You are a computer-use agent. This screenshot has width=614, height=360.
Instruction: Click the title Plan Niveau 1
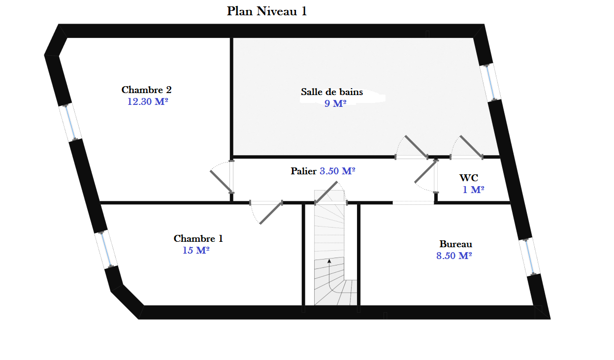pyautogui.click(x=267, y=11)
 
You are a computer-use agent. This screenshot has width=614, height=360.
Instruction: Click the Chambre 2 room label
pyautogui.click(x=146, y=90)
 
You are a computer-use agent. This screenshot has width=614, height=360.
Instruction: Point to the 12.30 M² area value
pyautogui.click(x=145, y=102)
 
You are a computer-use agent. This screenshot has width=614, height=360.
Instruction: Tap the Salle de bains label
pyautogui.click(x=332, y=92)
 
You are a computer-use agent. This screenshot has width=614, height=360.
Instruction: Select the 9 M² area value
pyautogui.click(x=335, y=103)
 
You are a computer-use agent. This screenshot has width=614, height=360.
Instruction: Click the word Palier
pyautogui.click(x=304, y=171)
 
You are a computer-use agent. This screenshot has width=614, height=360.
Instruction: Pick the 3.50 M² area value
pyautogui.click(x=338, y=171)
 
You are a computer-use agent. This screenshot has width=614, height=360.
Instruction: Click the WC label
pyautogui.click(x=468, y=178)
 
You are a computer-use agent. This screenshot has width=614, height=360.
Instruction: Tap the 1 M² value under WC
pyautogui.click(x=473, y=190)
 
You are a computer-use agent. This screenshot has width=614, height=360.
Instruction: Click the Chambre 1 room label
pyautogui.click(x=198, y=239)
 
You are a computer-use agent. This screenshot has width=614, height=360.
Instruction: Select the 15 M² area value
pyautogui.click(x=196, y=251)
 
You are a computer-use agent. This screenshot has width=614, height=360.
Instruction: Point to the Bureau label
pyautogui.click(x=455, y=244)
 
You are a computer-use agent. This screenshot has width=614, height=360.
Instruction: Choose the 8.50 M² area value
pyautogui.click(x=454, y=256)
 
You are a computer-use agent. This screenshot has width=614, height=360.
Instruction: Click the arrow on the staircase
pyautogui.click(x=329, y=262)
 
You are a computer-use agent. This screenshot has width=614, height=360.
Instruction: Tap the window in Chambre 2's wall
pyautogui.click(x=70, y=123)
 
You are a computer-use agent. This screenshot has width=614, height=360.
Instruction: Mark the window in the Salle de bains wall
pyautogui.click(x=491, y=83)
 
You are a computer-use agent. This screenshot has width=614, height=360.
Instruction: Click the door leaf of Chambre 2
pyautogui.click(x=221, y=181)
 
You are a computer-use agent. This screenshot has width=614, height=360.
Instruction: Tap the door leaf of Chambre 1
pyautogui.click(x=270, y=213)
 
